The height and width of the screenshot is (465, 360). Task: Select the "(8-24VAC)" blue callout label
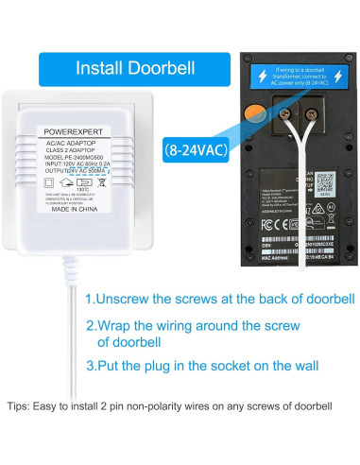pos(195,148)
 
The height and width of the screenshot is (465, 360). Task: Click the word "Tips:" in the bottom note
pos(19,406)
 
